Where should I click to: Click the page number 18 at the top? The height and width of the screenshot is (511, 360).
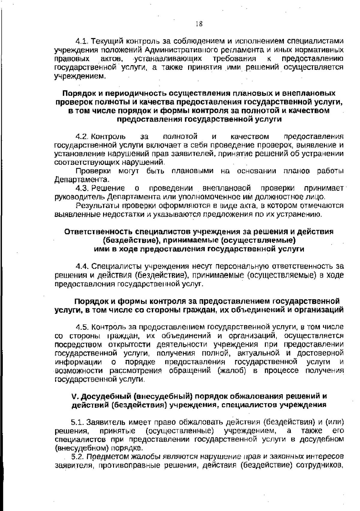point(198,24)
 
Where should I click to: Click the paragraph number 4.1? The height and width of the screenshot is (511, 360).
point(82,41)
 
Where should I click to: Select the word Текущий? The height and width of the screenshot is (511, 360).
point(106,41)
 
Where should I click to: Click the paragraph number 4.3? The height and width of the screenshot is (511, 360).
point(82,189)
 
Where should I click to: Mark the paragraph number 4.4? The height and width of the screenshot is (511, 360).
point(83,266)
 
